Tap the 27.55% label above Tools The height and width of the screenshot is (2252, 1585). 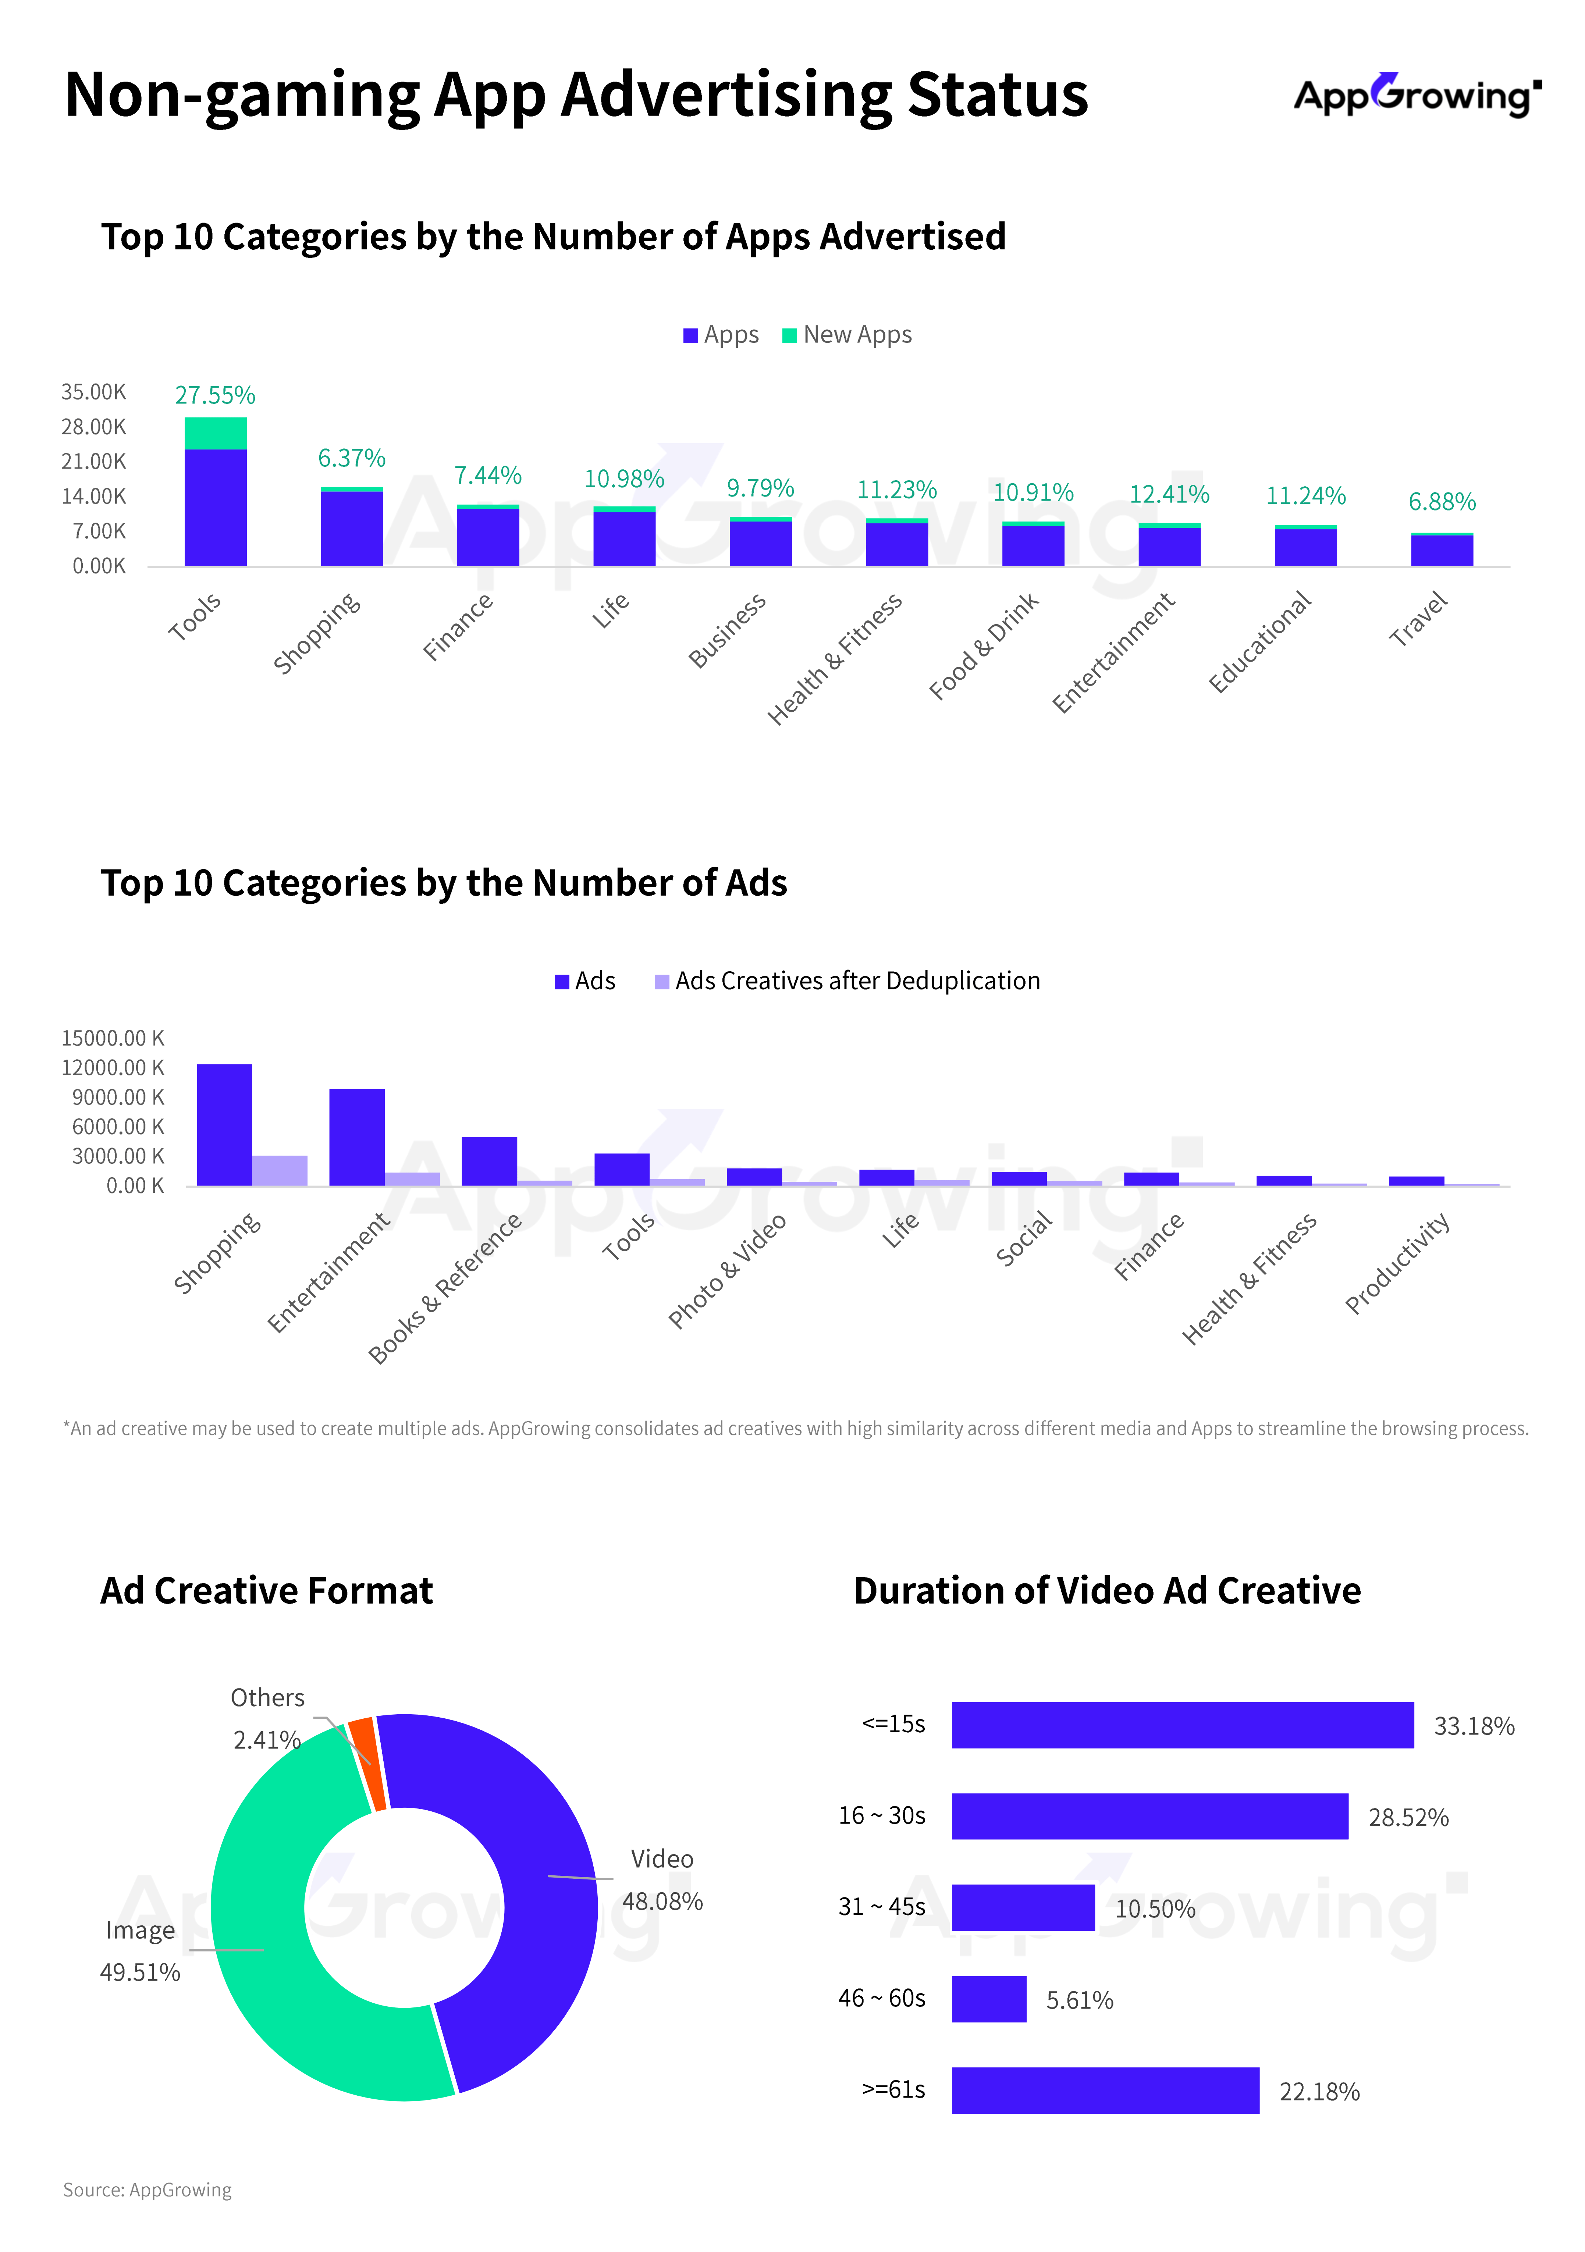coord(215,395)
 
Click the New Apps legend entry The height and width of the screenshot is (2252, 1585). coord(847,335)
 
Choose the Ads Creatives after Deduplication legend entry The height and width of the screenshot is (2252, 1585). coord(847,981)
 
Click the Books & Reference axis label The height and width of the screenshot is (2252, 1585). coord(444,1289)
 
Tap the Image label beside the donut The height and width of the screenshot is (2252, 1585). coord(140,1930)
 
